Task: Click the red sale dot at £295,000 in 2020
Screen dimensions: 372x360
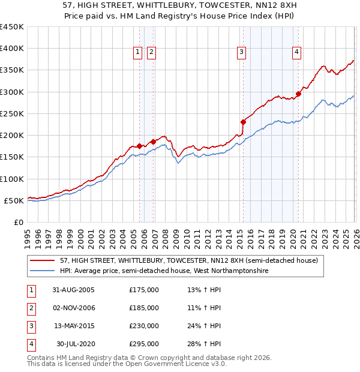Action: (298, 94)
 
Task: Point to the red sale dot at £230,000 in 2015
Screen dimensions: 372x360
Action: (243, 122)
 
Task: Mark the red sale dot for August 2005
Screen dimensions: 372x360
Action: (140, 146)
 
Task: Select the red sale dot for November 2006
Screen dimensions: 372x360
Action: (152, 142)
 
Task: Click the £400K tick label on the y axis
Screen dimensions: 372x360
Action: (12, 49)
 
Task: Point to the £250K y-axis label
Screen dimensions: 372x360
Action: (12, 113)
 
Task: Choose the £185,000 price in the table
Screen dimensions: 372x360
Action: (144, 308)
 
